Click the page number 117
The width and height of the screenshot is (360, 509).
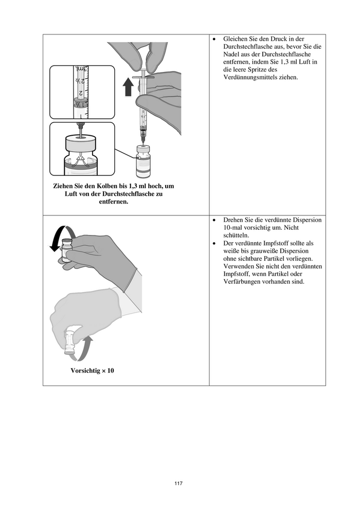click(178, 483)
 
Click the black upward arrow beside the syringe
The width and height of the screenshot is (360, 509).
click(128, 87)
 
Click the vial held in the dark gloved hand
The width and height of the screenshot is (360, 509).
click(67, 250)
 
